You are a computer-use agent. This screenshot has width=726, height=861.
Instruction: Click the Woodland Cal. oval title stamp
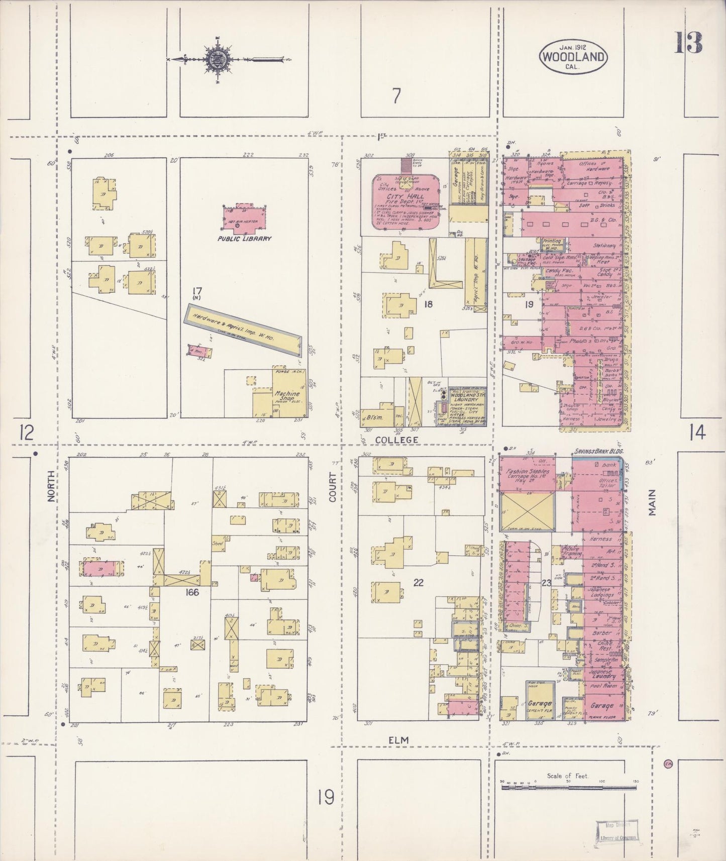[x=572, y=57]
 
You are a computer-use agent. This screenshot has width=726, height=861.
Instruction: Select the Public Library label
[x=244, y=239]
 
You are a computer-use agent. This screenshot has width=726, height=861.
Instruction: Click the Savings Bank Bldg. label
[x=598, y=452]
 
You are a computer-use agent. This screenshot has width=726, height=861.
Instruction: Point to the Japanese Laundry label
[x=602, y=674]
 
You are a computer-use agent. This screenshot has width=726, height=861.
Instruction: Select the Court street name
[x=333, y=489]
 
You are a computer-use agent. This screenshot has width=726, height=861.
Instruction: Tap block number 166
[x=192, y=592]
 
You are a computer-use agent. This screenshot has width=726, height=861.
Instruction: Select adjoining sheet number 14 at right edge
[x=697, y=432]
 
